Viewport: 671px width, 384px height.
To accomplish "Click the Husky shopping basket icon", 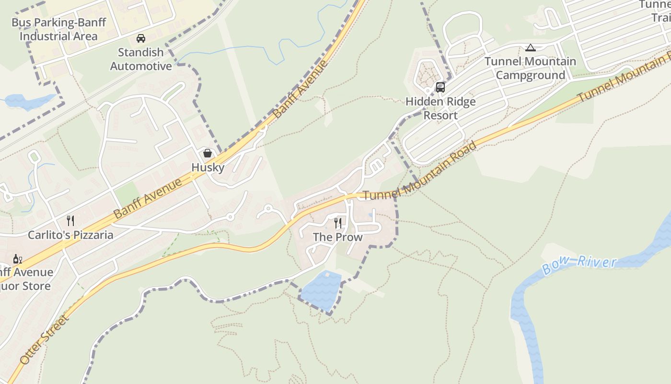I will pos(208,153).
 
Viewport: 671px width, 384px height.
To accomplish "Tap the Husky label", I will pos(208,168).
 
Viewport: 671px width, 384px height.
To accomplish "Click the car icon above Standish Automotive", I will pos(141,38).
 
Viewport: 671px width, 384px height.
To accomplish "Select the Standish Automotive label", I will pos(141,59).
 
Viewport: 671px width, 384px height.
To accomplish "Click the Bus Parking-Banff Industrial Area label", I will pos(58,29).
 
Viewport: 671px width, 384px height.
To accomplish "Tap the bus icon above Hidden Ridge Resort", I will pos(440,87).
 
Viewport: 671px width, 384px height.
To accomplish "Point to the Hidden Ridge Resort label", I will pos(440,108).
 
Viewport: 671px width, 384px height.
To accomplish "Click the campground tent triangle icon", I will pos(530,48).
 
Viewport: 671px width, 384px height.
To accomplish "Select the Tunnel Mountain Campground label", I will pos(530,68).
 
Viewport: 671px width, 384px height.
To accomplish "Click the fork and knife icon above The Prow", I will pos(338,223).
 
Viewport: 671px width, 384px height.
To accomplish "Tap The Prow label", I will pos(338,237).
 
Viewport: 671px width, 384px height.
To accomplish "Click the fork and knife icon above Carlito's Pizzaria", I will pos(70,220).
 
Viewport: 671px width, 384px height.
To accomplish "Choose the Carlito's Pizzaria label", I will pos(70,235).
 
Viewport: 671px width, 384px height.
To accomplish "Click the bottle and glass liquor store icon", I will pos(18,259).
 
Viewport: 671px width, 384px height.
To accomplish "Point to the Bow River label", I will pos(579,264).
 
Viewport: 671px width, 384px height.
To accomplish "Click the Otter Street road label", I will pos(45,339).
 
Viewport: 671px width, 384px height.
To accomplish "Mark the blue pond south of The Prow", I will pos(320,290).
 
